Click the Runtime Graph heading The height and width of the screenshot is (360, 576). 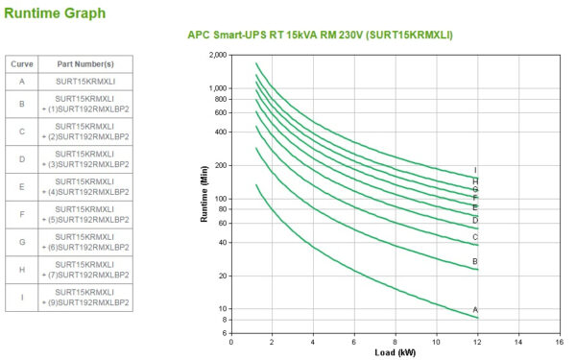click(x=55, y=13)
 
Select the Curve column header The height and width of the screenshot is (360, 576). click(x=21, y=63)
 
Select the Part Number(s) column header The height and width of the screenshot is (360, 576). click(x=85, y=63)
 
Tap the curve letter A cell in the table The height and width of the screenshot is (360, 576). click(x=21, y=83)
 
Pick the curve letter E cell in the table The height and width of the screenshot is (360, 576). click(x=21, y=186)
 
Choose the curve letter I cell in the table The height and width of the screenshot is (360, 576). click(x=21, y=297)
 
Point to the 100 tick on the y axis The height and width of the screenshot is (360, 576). click(x=219, y=198)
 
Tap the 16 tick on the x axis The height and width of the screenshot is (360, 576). click(x=560, y=341)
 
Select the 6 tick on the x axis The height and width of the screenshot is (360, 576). click(x=354, y=341)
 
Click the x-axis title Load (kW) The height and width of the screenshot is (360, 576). click(x=395, y=351)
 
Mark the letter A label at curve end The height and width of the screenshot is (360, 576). click(x=475, y=309)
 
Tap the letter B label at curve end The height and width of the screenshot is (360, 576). click(x=475, y=261)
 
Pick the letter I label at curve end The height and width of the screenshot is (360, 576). click(x=475, y=170)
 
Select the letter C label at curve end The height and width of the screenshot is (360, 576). click(x=475, y=237)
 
